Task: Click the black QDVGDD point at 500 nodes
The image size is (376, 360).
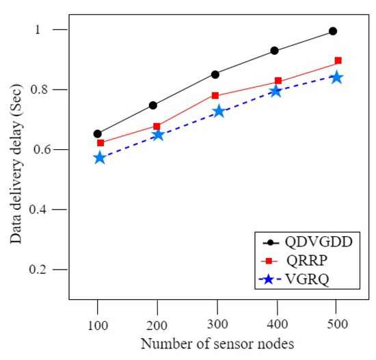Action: coord(333,31)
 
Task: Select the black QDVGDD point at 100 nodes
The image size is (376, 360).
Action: coord(98,133)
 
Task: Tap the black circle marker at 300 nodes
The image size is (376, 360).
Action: coord(215,74)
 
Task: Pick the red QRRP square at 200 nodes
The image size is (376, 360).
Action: coord(157,126)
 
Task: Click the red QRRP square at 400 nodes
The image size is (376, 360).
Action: coord(278,81)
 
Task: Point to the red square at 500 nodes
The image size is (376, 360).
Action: coord(338,60)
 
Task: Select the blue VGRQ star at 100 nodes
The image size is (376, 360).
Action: coord(100,158)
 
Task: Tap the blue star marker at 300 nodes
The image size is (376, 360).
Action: coord(218,111)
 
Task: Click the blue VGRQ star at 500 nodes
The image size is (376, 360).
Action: coord(336,77)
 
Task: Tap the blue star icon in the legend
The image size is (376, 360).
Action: coord(269,279)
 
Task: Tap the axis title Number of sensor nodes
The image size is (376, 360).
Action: coord(217,344)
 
